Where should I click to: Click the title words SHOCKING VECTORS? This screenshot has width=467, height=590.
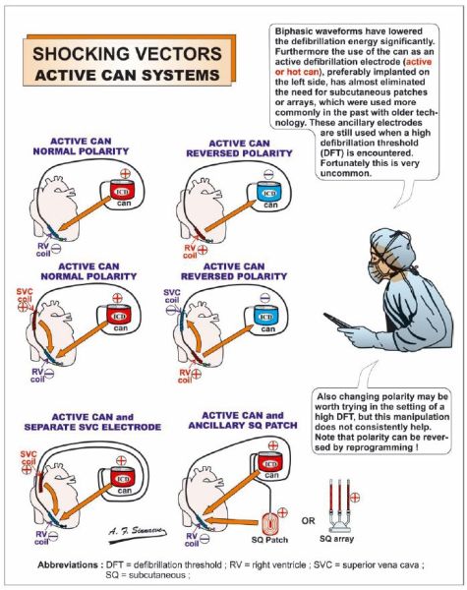point(127,53)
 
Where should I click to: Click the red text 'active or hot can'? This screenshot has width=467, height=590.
point(354,67)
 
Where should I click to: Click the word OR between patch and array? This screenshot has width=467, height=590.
point(308,521)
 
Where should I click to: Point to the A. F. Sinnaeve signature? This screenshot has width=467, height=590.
point(137,533)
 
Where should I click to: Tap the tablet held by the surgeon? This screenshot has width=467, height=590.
point(337,321)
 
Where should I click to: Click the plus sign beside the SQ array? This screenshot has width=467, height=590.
point(355,497)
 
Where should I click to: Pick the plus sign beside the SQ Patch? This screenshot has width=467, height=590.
point(282,512)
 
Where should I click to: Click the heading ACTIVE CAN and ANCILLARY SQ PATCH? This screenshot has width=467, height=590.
point(243,420)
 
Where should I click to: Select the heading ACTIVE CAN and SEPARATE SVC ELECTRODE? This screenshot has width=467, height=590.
point(92,422)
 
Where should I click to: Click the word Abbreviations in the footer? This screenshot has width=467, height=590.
point(68,564)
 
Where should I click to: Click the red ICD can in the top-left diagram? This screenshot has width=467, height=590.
point(122,190)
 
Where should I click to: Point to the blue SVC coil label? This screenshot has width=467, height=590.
point(172,296)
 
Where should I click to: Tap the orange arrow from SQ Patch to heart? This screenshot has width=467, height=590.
point(231,521)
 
